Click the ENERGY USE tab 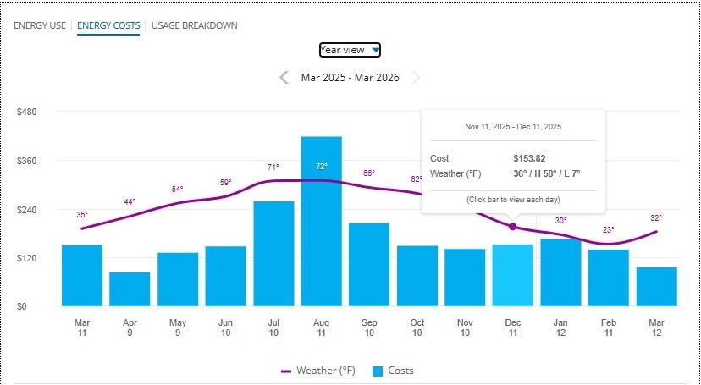pyautogui.click(x=39, y=25)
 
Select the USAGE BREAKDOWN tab pyautogui.click(x=194, y=25)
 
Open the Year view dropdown pyautogui.click(x=350, y=50)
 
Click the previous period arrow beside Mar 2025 pyautogui.click(x=284, y=78)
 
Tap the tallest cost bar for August pyautogui.click(x=321, y=221)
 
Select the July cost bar pyautogui.click(x=273, y=253)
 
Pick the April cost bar pyautogui.click(x=130, y=289)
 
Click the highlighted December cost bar pyautogui.click(x=512, y=275)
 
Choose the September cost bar pyautogui.click(x=369, y=264)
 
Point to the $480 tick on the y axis pyautogui.click(x=28, y=112)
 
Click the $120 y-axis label pyautogui.click(x=28, y=258)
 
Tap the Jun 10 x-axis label pyautogui.click(x=225, y=327)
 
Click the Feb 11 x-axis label pyautogui.click(x=609, y=327)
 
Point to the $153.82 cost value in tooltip pyautogui.click(x=529, y=158)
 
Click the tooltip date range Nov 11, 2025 pyautogui.click(x=513, y=127)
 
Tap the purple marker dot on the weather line pyautogui.click(x=512, y=226)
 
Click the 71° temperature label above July pyautogui.click(x=273, y=168)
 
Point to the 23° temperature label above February pyautogui.click(x=608, y=230)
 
